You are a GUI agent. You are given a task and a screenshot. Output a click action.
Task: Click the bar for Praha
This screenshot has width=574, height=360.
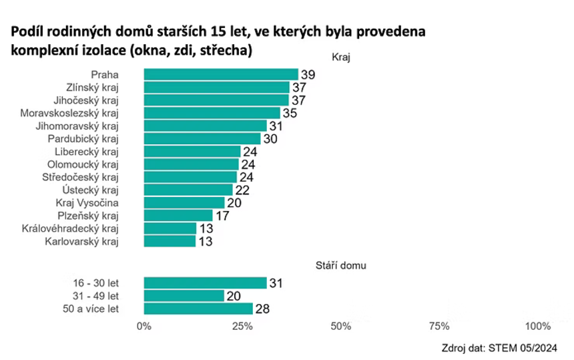click(220, 74)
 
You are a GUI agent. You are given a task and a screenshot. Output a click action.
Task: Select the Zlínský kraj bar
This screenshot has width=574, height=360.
click(216, 87)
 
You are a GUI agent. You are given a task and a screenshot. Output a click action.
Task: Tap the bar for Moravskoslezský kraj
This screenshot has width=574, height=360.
click(212, 113)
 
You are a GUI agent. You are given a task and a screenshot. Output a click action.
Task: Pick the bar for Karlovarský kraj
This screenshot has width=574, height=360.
click(170, 241)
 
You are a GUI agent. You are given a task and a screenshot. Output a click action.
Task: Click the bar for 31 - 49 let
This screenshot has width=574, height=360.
click(184, 296)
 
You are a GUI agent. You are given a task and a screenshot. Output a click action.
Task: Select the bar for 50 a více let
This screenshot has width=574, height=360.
click(198, 309)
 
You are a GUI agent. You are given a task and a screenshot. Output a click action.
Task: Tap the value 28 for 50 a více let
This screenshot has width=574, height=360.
click(262, 309)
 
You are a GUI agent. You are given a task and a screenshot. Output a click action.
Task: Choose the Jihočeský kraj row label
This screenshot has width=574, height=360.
click(90, 100)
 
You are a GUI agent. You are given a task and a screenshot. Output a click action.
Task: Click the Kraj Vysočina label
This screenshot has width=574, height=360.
click(86, 203)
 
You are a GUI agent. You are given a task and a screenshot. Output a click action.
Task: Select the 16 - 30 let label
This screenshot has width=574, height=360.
click(95, 283)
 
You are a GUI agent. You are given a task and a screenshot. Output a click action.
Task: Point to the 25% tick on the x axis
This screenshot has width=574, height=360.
click(242, 326)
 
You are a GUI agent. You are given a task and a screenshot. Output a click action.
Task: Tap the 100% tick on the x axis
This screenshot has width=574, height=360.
click(538, 326)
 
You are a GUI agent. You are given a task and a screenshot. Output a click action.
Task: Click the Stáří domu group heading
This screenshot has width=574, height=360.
click(340, 265)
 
